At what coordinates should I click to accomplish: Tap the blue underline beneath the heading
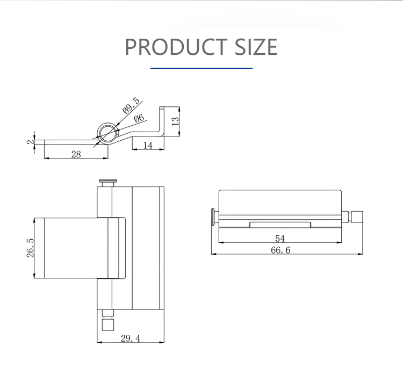(201, 68)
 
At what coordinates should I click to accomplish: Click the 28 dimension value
(76, 154)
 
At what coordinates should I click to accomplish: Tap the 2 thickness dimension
(30, 142)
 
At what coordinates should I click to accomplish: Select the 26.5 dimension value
(30, 248)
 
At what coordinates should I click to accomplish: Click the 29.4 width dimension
(129, 338)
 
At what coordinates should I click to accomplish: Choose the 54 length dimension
(279, 238)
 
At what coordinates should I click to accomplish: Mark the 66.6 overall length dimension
(280, 250)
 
